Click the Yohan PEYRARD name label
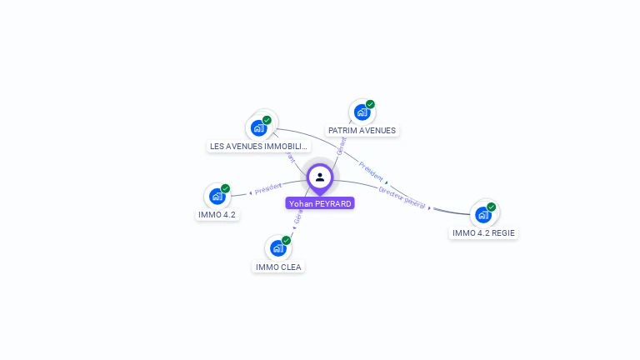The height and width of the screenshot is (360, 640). tap(320, 203)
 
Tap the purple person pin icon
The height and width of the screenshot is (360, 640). tap(320, 177)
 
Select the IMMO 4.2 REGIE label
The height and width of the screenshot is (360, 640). tap(483, 233)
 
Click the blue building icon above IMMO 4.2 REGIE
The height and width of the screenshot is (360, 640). tap(483, 215)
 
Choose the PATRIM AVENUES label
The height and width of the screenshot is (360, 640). tap(362, 131)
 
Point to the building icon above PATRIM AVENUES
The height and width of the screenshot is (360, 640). tap(362, 112)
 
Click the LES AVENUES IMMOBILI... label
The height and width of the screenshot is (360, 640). tap(259, 147)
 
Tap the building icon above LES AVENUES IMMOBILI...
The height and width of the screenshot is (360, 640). tap(258, 128)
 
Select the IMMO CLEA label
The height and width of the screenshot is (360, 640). tap(279, 267)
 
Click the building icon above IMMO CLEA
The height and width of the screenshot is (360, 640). tap(277, 248)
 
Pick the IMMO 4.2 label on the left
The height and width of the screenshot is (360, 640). tap(217, 215)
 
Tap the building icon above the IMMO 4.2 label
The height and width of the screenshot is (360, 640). tap(217, 197)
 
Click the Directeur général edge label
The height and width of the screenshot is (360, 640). tap(402, 197)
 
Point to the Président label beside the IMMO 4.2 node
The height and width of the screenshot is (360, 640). tap(268, 189)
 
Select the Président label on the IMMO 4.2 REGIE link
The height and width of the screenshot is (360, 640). tap(371, 170)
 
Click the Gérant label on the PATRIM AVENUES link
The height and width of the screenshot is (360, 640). tap(341, 147)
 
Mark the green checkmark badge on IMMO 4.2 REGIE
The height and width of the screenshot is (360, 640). tap(492, 207)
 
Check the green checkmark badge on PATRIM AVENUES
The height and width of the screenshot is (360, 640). tap(370, 105)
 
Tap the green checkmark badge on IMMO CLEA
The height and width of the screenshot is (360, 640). tap(286, 240)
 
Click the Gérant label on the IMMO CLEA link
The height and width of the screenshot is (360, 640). tap(297, 217)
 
